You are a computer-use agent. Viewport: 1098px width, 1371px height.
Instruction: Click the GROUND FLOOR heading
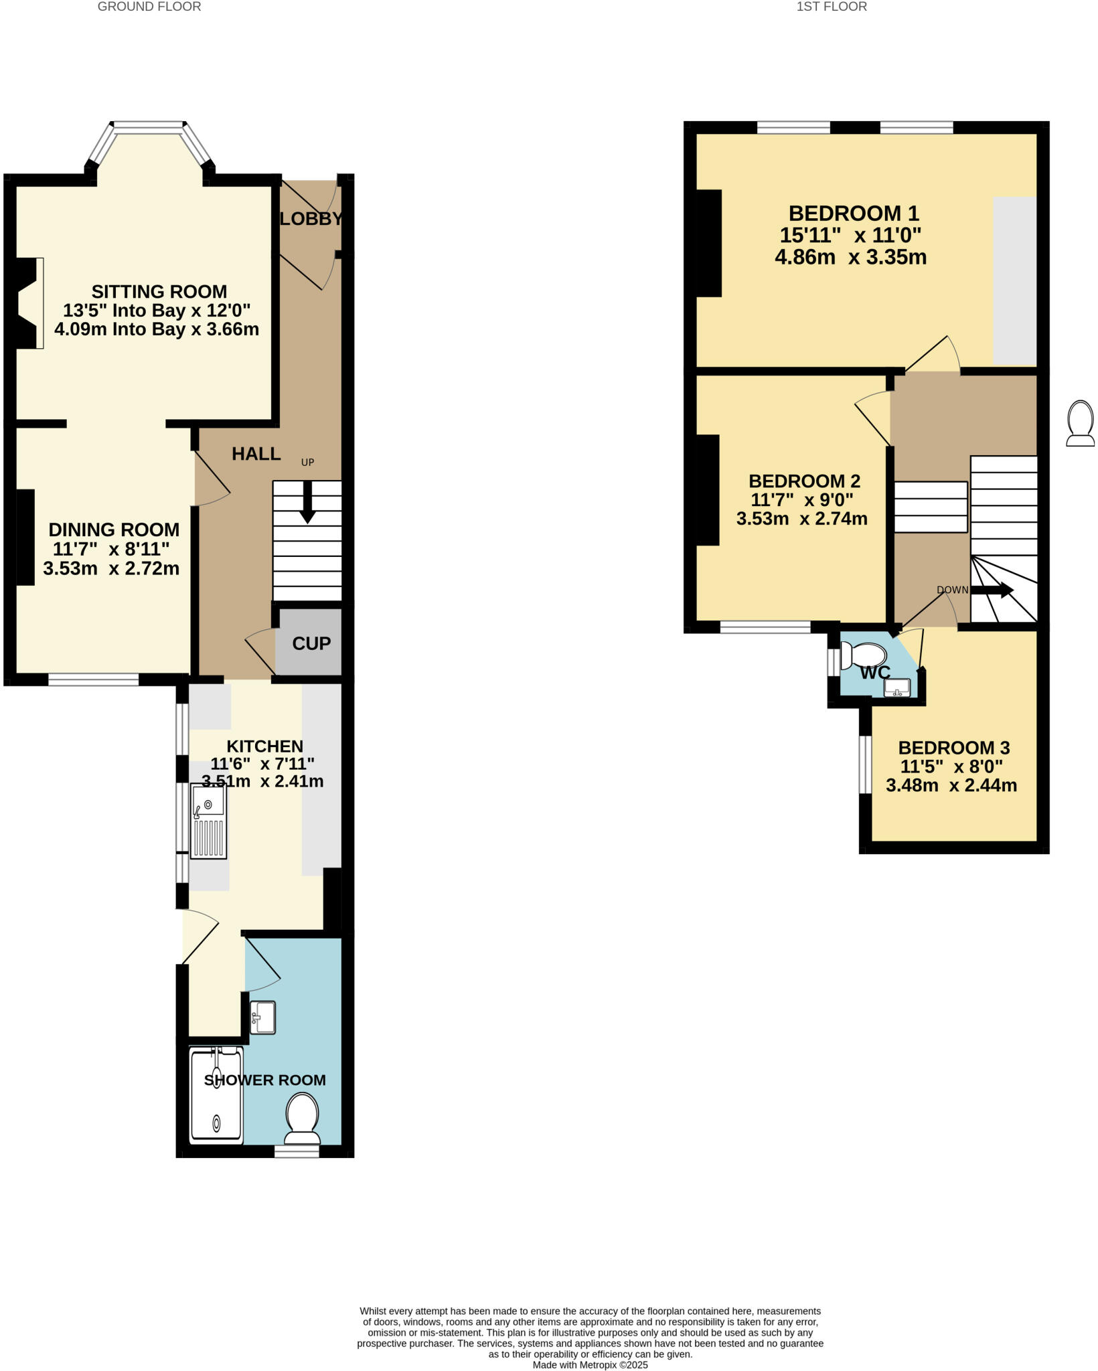(149, 7)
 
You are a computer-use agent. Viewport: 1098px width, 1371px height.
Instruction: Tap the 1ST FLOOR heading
(831, 7)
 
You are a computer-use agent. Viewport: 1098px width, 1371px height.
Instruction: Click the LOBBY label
(311, 219)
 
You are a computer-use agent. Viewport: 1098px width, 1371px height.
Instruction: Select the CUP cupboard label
(311, 643)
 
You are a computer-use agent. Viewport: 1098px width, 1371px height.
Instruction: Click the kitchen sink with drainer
(208, 821)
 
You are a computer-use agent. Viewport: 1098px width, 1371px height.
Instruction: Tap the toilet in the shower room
(302, 1118)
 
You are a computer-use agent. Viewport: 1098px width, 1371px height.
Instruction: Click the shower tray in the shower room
(216, 1094)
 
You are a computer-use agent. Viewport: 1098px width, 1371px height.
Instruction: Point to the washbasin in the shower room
(262, 1018)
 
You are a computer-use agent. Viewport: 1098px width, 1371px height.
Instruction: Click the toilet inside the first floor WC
(864, 655)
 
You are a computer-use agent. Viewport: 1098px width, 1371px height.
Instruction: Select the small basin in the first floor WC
(897, 688)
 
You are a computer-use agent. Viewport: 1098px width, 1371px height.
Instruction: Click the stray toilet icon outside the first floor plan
(1080, 424)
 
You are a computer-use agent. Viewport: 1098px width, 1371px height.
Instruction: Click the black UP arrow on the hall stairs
(307, 502)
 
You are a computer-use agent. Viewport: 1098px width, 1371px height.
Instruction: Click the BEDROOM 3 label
(953, 748)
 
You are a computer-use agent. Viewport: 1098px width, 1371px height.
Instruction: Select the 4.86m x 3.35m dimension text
(850, 257)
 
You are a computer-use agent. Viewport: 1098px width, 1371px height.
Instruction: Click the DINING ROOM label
(114, 530)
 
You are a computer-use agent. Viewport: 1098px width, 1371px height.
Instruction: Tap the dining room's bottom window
(94, 679)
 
